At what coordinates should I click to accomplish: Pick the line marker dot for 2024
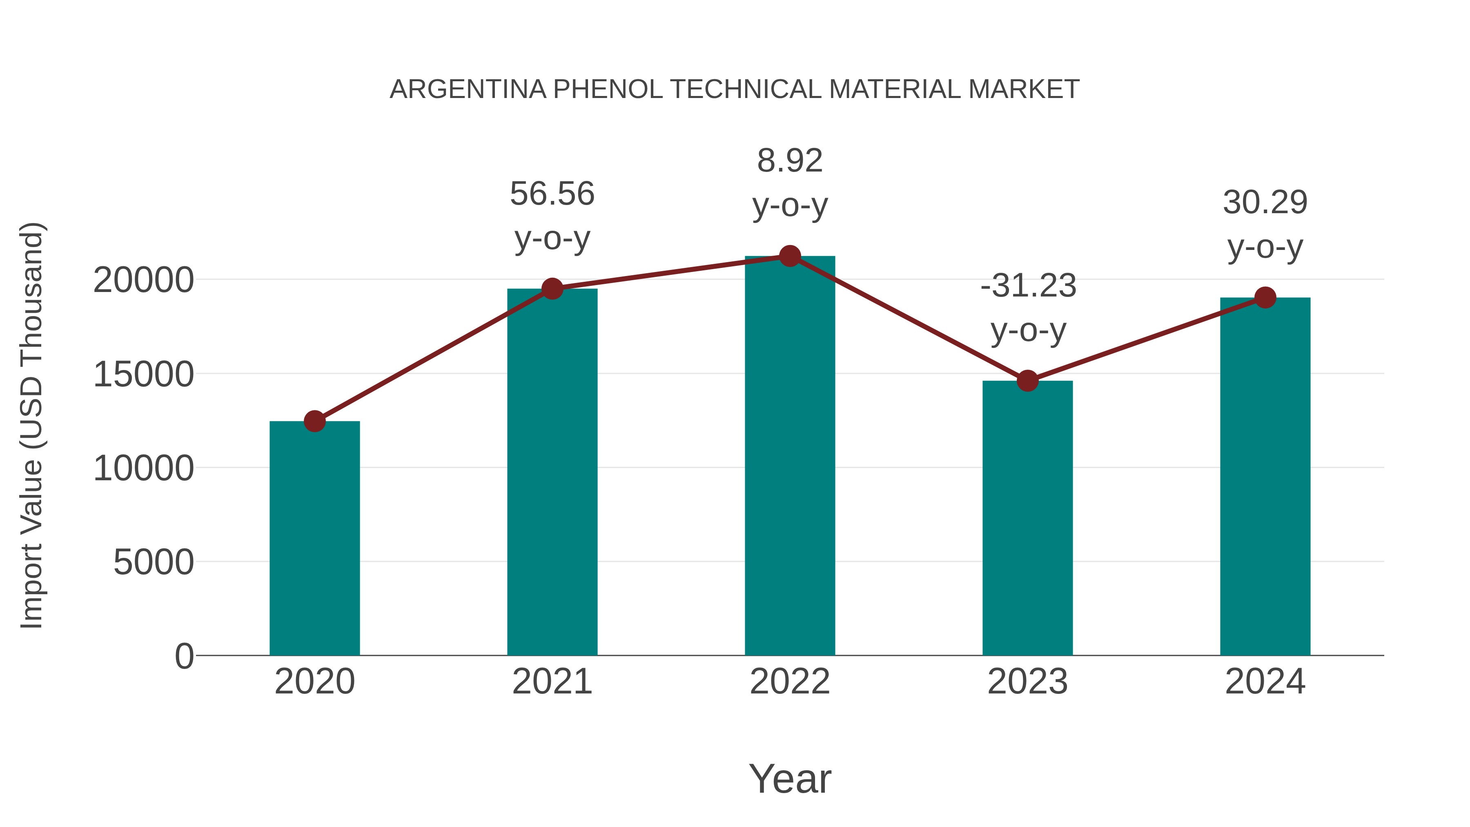tap(1265, 297)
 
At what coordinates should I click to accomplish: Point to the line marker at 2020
tap(314, 421)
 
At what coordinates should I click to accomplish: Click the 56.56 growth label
tap(552, 194)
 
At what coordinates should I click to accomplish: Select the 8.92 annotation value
tap(790, 160)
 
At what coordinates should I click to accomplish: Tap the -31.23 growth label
tap(1028, 285)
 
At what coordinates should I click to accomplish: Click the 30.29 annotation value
tap(1265, 203)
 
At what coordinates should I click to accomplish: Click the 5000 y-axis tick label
tap(154, 562)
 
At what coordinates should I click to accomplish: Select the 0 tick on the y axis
tap(184, 656)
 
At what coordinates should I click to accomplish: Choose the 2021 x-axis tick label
tap(552, 682)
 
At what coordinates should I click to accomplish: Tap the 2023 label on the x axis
tap(1027, 682)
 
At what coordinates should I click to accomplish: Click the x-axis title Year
tap(790, 778)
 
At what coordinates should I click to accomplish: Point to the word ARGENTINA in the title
tap(468, 89)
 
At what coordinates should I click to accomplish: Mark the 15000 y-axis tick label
tap(143, 374)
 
